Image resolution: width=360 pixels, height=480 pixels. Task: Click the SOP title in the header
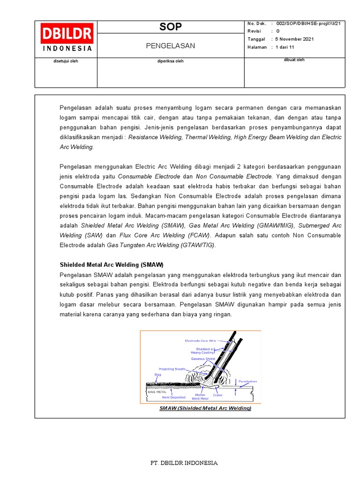171,27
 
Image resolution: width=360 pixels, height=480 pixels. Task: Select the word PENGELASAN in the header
171,45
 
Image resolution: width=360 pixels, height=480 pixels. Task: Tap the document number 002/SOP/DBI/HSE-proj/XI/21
308,23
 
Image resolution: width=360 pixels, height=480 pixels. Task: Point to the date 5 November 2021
295,39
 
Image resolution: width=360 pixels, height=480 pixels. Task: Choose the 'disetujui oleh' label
65,61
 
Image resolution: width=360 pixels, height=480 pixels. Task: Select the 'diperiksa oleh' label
171,61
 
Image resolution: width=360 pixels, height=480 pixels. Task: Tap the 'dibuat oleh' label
294,60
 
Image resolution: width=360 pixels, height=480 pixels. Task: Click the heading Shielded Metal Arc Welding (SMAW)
112,264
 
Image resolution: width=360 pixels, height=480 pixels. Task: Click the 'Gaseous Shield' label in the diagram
203,359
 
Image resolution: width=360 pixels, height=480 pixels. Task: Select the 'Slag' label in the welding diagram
157,375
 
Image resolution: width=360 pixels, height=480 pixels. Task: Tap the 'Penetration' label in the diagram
247,381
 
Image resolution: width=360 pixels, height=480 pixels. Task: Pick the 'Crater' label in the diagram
217,395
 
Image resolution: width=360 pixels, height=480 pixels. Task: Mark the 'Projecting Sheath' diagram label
172,369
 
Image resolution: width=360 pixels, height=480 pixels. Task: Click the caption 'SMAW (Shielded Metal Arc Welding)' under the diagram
205,408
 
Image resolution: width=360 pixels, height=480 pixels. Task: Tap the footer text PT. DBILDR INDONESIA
184,463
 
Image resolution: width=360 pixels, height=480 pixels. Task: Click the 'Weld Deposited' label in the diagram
173,397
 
